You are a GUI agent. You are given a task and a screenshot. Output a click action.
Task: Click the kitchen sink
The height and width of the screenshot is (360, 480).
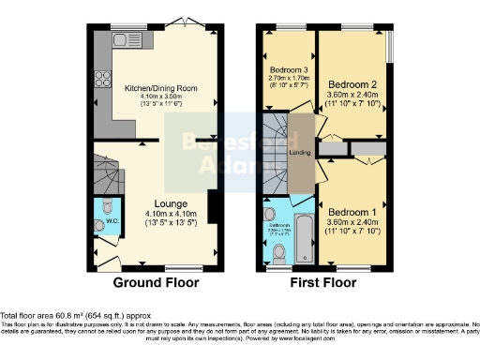[122, 41]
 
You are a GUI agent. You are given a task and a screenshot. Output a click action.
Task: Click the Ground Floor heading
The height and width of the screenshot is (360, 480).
[157, 282]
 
